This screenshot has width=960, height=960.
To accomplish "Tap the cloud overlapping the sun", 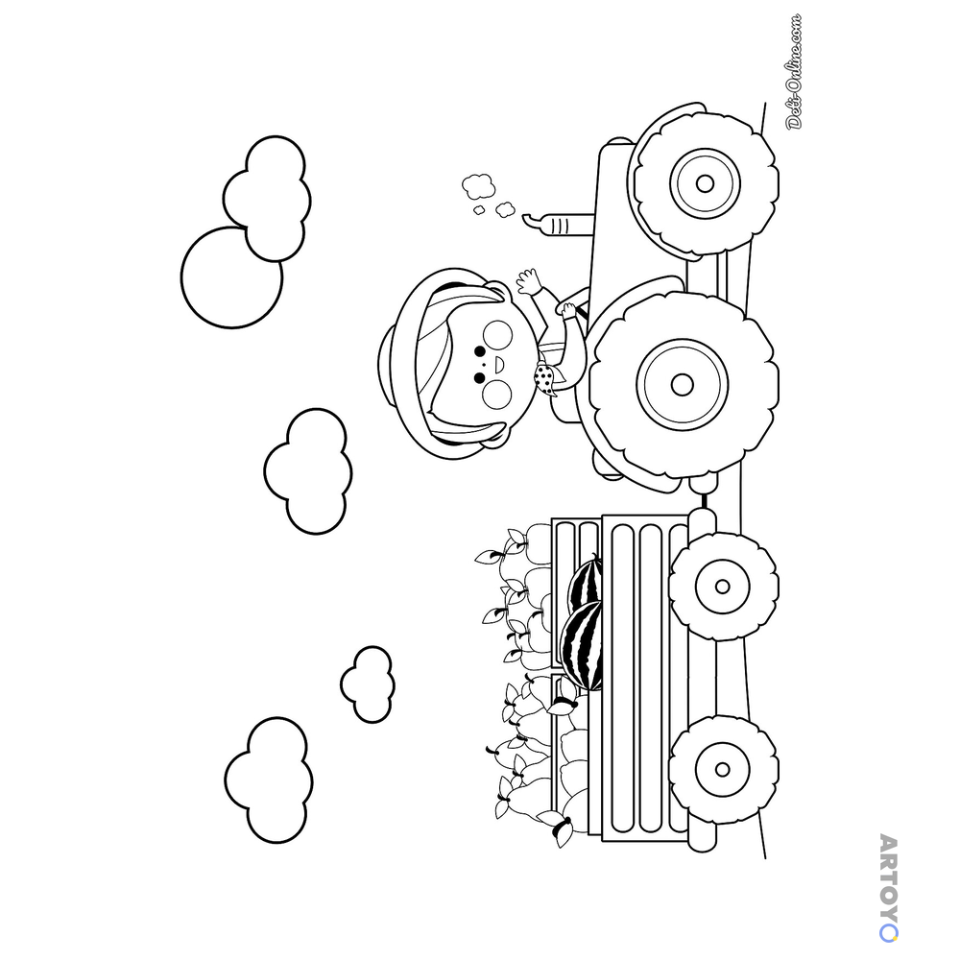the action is (267, 199).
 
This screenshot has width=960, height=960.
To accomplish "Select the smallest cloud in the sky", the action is (368, 684).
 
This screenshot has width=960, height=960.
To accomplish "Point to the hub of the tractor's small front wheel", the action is (705, 183).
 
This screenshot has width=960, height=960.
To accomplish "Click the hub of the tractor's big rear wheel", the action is (682, 385).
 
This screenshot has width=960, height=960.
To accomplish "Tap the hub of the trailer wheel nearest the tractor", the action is (723, 587).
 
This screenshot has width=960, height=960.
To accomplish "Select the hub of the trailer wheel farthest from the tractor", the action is (723, 769).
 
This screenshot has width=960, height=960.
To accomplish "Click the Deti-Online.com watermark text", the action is (794, 72).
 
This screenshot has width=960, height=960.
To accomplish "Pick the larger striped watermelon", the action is (581, 645).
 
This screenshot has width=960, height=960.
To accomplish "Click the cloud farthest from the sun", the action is (268, 780).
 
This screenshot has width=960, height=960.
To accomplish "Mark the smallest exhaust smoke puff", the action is (479, 210).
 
